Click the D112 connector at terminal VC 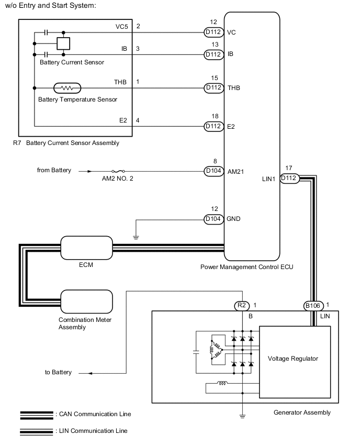(x=213, y=32)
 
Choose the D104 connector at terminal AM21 (x=213, y=171)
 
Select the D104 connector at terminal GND (x=213, y=219)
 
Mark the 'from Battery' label (x=54, y=171)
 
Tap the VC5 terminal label (x=122, y=26)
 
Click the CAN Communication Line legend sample (x=36, y=414)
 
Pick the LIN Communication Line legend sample (x=36, y=431)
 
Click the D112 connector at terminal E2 (x=213, y=126)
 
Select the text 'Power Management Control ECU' (x=246, y=267)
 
